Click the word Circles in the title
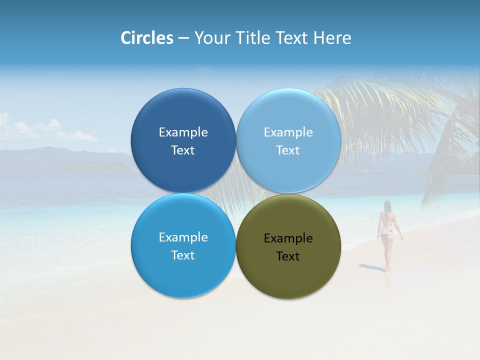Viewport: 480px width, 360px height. click(147, 38)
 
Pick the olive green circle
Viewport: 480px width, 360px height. click(288, 275)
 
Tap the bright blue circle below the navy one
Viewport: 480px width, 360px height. click(183, 275)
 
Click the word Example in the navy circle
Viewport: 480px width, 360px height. click(183, 132)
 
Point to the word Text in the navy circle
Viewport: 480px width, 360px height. click(183, 150)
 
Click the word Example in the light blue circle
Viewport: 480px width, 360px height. click(288, 132)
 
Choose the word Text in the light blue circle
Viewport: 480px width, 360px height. click(288, 150)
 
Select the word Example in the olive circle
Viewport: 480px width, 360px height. click(288, 238)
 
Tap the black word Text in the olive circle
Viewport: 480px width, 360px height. click(288, 256)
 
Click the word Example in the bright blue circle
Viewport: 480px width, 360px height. click(183, 237)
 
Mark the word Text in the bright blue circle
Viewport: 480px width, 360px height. click(183, 255)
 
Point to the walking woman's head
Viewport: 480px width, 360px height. click(387, 205)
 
